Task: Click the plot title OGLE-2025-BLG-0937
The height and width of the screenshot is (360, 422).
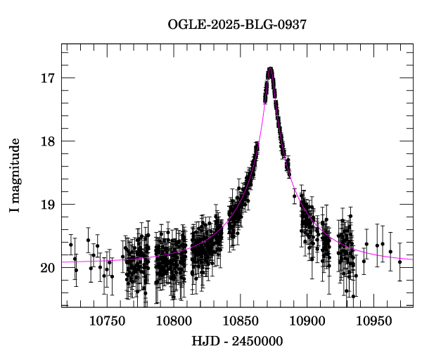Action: [x=238, y=25]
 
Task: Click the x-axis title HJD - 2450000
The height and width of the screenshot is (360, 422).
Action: [x=238, y=342]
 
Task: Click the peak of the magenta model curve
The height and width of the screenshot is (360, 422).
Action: [x=269, y=68]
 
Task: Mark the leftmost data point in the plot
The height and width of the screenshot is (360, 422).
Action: [x=70, y=245]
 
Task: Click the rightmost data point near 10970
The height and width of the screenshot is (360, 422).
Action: [x=399, y=262]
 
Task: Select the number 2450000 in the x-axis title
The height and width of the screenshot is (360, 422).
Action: [x=259, y=342]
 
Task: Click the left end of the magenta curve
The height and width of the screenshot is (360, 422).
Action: [x=63, y=262]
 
